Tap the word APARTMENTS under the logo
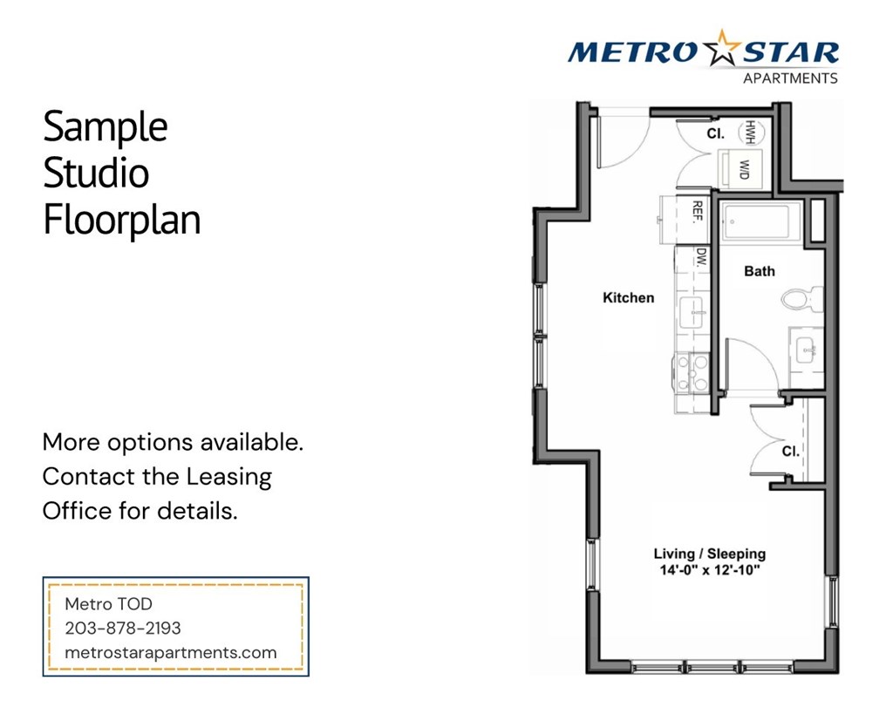tap(789, 78)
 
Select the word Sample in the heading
tap(105, 127)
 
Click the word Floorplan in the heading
tap(122, 220)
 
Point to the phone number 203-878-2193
tap(123, 628)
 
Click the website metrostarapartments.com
tap(171, 652)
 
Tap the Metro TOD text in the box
tap(109, 603)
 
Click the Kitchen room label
tap(628, 298)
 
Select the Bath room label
tap(759, 271)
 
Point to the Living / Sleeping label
tap(710, 554)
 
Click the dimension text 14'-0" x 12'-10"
tap(710, 571)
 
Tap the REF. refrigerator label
tap(698, 212)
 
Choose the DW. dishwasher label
tap(700, 257)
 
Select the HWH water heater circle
tap(749, 133)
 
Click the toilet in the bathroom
tap(801, 299)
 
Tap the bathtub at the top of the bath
tap(756, 221)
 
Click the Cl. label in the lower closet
tap(790, 452)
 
